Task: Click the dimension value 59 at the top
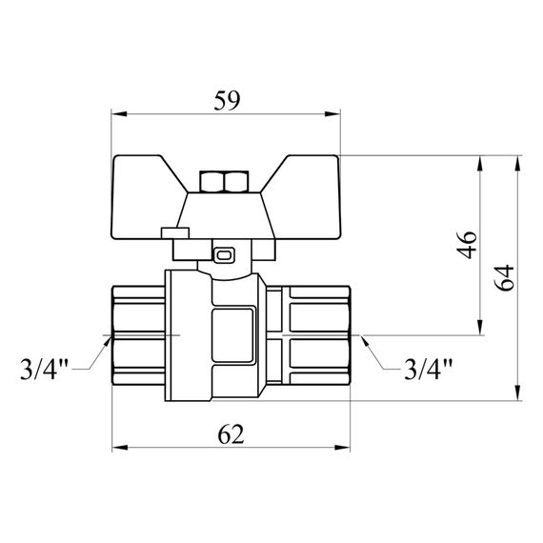228,98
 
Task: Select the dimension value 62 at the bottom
229,433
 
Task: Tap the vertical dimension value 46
466,246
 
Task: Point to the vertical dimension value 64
507,276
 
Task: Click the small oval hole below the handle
226,254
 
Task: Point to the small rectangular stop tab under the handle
174,231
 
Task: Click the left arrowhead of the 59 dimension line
119,114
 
